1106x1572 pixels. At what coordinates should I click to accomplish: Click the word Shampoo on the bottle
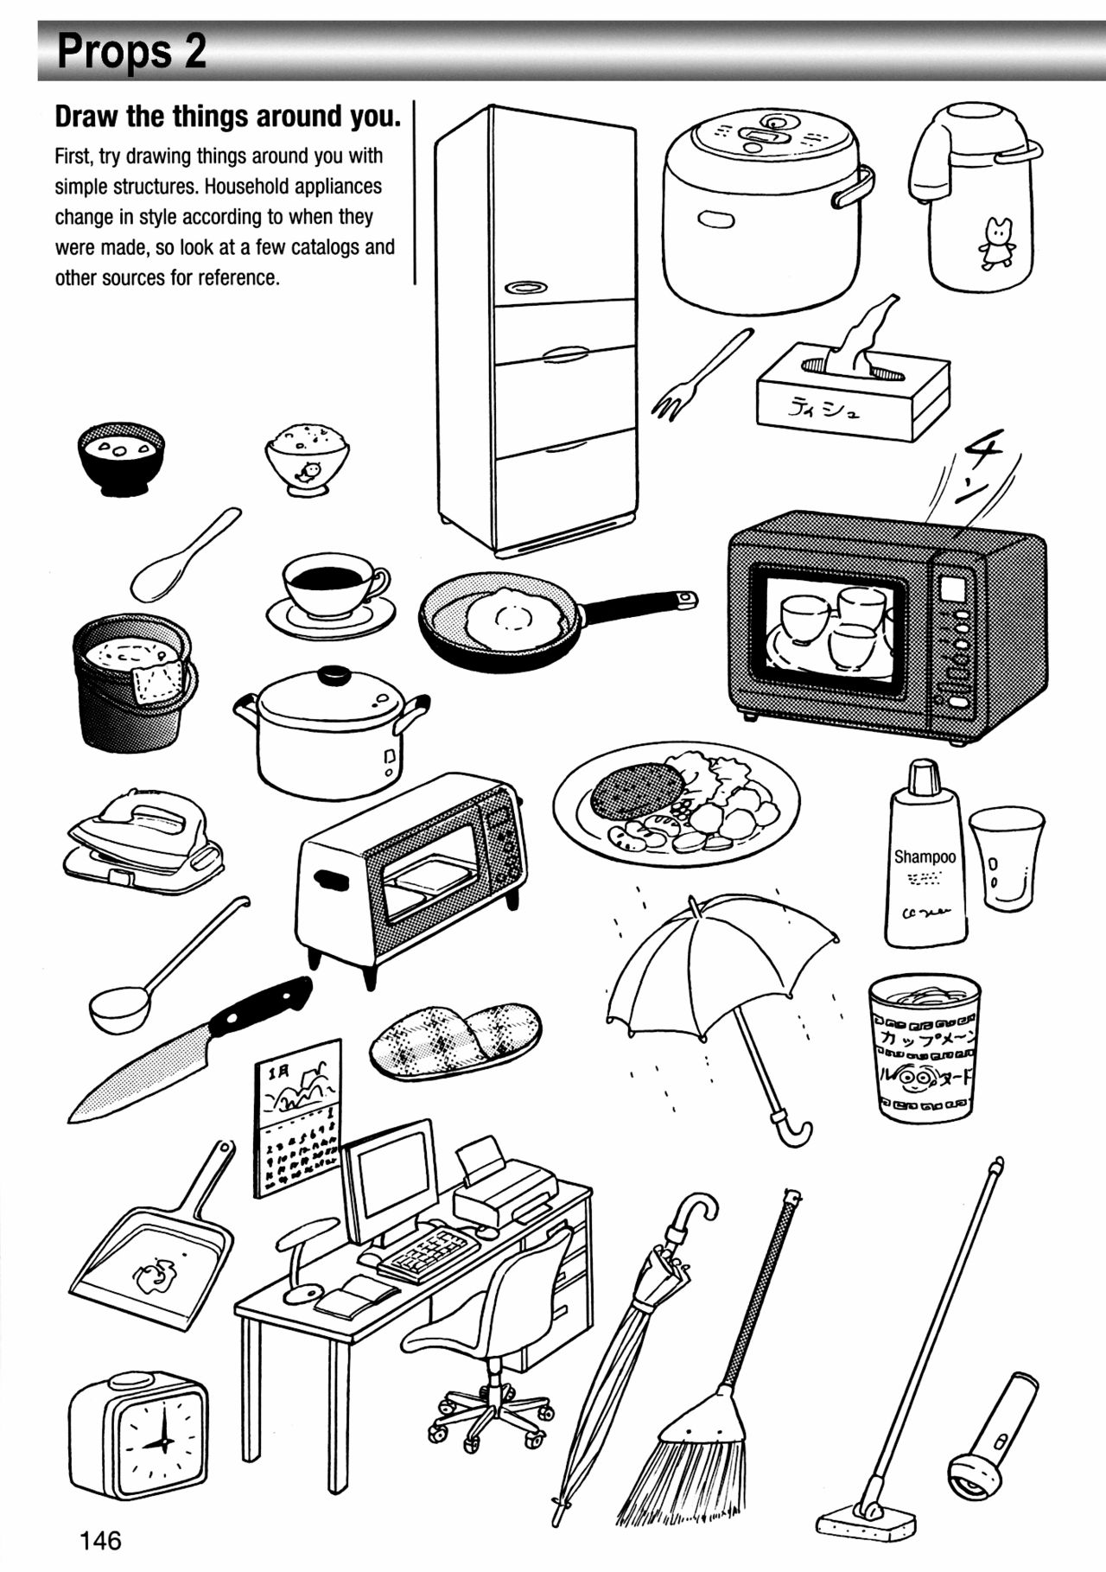coord(924,856)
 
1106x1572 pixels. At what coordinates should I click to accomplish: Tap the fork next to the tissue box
coord(698,374)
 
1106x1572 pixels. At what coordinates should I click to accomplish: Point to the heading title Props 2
coord(131,52)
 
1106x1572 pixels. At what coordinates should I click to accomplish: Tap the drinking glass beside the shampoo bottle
coord(1005,858)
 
